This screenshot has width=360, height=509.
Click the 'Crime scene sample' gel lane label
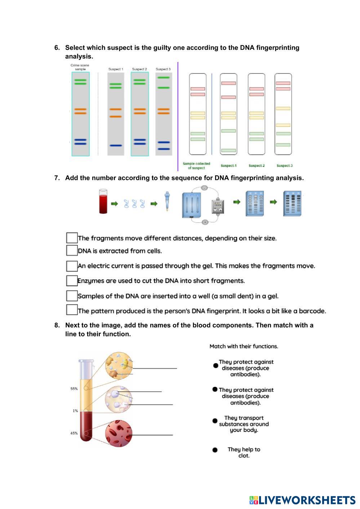tap(80, 67)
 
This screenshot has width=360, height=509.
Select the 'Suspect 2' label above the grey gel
tap(139, 69)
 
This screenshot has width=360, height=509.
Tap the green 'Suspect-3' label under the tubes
tap(284, 165)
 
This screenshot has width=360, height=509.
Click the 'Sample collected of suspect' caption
tap(196, 166)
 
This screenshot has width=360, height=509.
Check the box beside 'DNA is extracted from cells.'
tap(72, 251)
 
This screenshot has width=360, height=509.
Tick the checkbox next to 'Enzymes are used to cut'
tap(72, 280)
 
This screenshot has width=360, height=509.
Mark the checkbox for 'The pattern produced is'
tap(72, 310)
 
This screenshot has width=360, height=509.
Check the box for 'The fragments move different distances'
tap(72, 238)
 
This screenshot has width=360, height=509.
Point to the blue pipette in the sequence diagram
tap(167, 201)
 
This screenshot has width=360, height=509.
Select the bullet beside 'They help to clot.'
tap(215, 450)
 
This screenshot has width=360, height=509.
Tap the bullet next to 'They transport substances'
tap(215, 421)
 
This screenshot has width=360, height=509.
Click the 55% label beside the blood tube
tap(74, 389)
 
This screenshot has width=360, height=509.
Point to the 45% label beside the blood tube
tap(74, 433)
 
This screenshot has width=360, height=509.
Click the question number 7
tap(57, 178)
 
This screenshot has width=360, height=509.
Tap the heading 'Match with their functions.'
tap(244, 346)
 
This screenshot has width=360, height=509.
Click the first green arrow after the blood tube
tap(114, 204)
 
